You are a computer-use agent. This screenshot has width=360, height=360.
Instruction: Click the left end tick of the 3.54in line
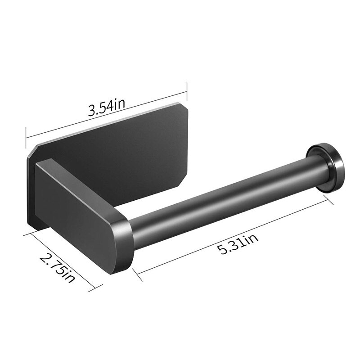[26, 134]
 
